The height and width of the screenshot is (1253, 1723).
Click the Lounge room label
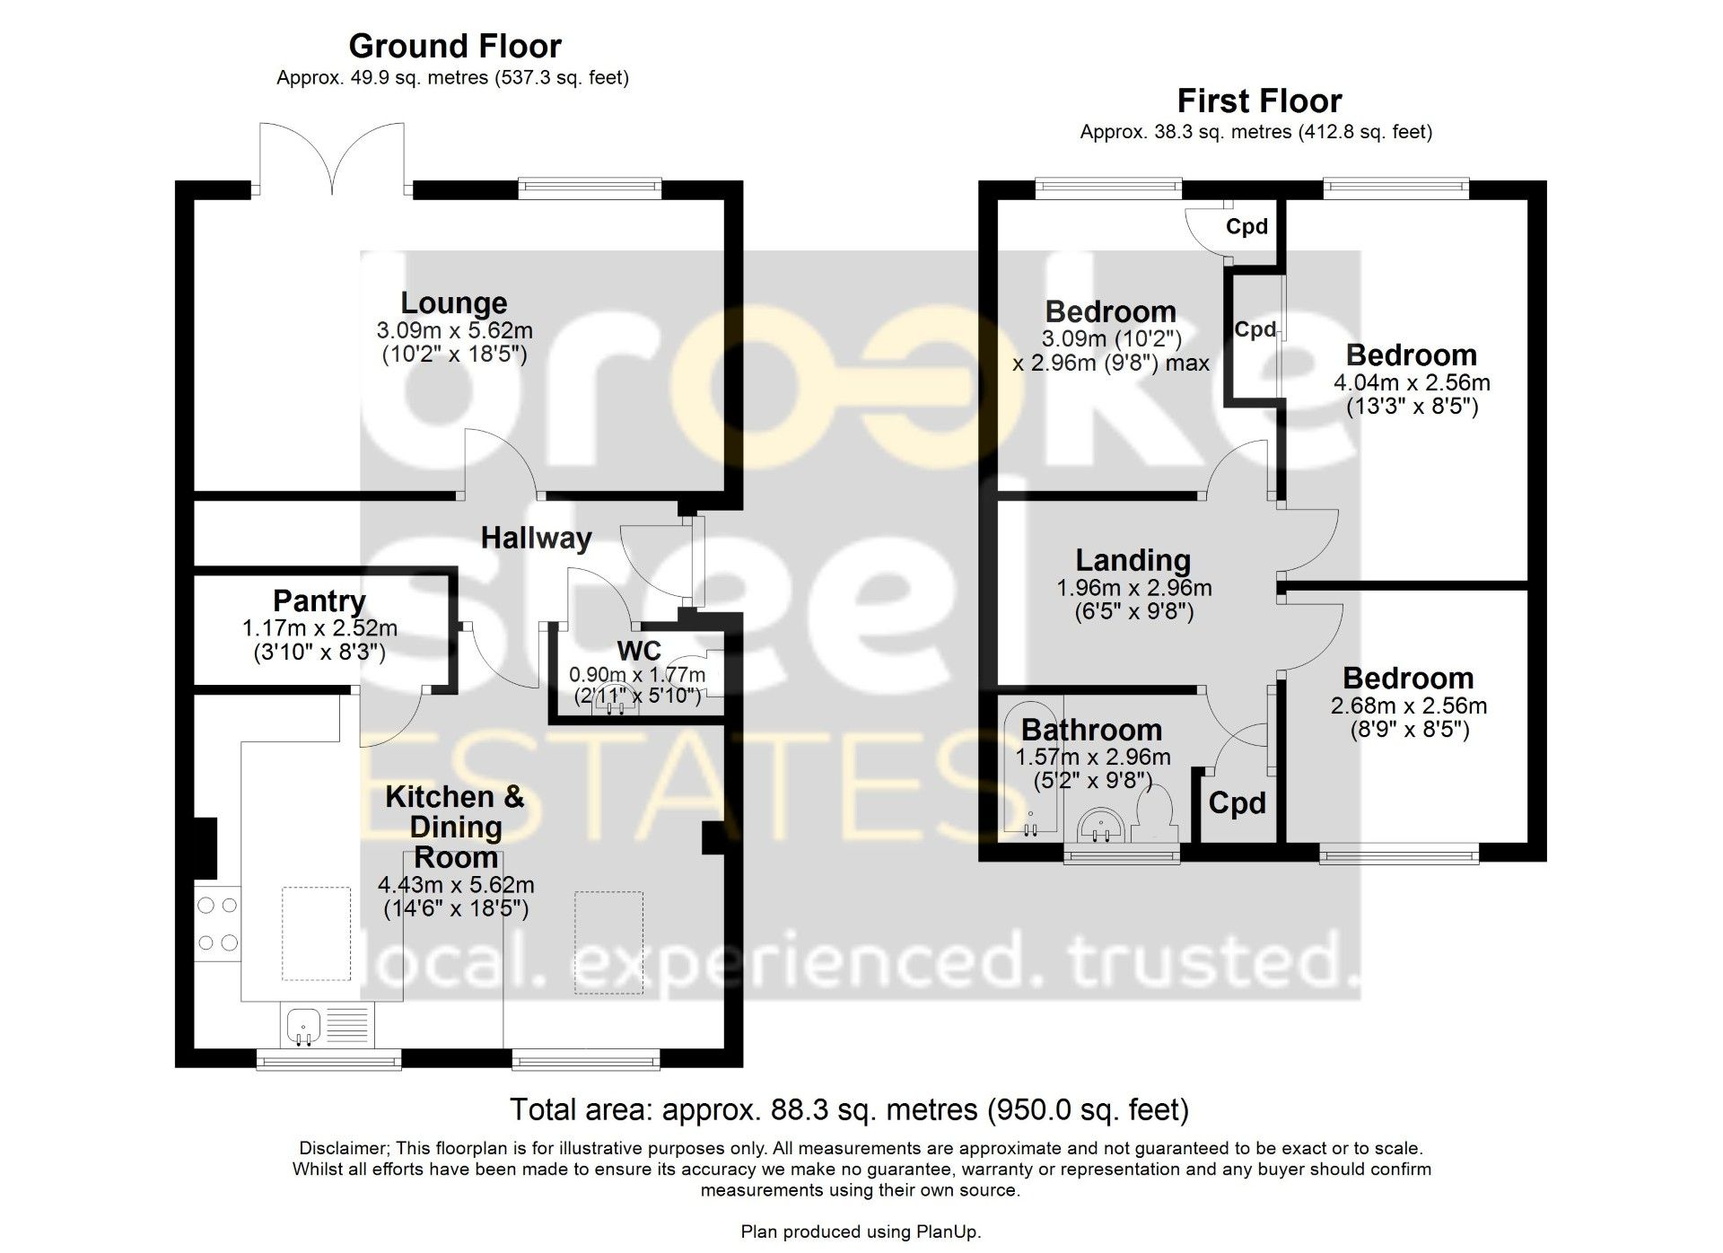pyautogui.click(x=454, y=303)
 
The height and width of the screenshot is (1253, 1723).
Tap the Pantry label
pyautogui.click(x=319, y=600)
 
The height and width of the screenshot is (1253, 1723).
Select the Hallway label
pyautogui.click(x=537, y=538)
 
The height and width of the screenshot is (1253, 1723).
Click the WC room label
pyautogui.click(x=639, y=651)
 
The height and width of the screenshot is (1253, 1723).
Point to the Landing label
pyautogui.click(x=1133, y=560)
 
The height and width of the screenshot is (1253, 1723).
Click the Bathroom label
pyautogui.click(x=1091, y=730)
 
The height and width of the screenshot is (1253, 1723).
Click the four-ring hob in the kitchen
pyautogui.click(x=218, y=924)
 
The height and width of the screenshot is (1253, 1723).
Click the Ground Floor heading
pyautogui.click(x=455, y=46)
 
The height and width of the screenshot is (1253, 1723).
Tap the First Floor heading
pyautogui.click(x=1259, y=101)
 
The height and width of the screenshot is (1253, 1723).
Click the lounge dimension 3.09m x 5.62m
pyautogui.click(x=455, y=330)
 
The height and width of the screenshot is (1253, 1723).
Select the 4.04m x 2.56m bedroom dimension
pyautogui.click(x=1413, y=382)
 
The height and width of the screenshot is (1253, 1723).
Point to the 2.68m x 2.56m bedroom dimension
pyautogui.click(x=1409, y=705)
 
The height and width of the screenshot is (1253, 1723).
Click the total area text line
pyautogui.click(x=849, y=1110)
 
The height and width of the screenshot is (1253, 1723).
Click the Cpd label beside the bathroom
pyautogui.click(x=1237, y=802)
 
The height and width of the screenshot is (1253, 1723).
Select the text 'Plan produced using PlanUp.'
pyautogui.click(x=861, y=1232)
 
